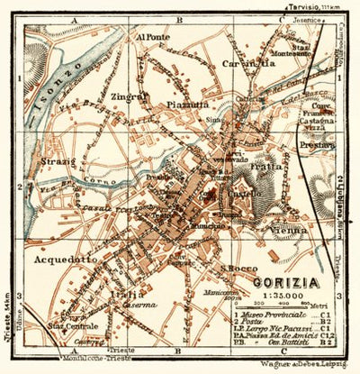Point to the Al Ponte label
[x=152, y=38]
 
